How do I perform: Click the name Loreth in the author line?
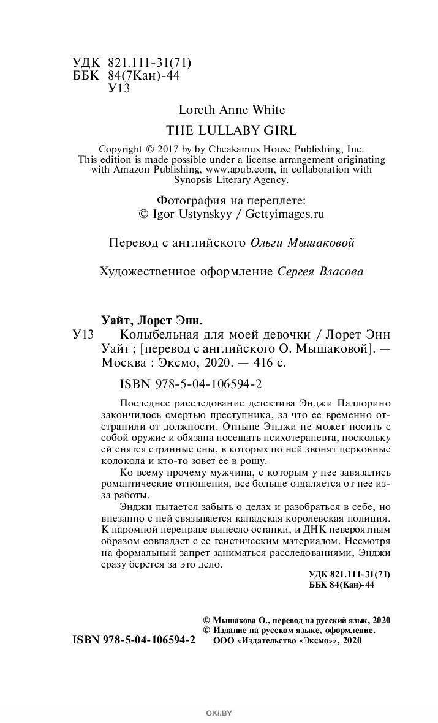click(195, 110)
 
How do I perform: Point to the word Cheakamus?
click(251, 149)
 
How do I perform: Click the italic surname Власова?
click(341, 272)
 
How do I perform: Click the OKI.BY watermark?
click(219, 712)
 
